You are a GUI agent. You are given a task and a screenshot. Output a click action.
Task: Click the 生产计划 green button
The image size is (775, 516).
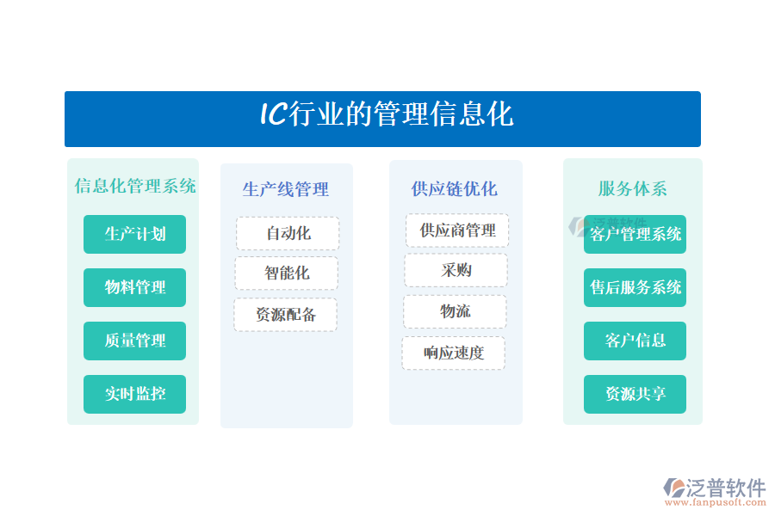coord(134,234)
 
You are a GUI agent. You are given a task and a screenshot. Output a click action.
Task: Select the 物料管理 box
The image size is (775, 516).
coord(134,287)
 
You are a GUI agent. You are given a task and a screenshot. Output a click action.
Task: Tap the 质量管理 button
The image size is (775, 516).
coord(134,341)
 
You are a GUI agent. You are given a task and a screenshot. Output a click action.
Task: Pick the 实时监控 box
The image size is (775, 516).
coord(134,394)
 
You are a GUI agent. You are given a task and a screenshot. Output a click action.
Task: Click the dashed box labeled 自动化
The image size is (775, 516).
coord(288,233)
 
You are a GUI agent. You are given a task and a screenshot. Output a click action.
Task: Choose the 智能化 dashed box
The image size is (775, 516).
coord(287,273)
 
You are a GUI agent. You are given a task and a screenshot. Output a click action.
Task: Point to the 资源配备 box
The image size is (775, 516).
coord(286,315)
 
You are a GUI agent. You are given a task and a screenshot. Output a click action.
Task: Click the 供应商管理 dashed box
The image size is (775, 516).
coord(457,230)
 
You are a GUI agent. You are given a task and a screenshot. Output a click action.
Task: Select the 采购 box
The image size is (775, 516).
coord(456,270)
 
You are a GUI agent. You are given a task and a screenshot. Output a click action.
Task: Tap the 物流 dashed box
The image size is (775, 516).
coord(456,311)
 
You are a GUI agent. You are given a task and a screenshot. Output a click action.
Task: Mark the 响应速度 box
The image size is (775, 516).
coord(454,353)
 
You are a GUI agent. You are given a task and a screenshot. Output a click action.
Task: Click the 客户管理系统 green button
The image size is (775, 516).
coord(635,234)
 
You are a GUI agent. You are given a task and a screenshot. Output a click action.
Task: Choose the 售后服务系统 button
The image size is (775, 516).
coord(635,287)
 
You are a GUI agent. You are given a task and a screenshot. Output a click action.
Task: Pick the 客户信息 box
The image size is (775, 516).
coord(635,341)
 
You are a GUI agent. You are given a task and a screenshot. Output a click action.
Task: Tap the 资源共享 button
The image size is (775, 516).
coord(635,394)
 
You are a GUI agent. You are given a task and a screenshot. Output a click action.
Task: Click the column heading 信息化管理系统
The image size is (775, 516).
coord(135,186)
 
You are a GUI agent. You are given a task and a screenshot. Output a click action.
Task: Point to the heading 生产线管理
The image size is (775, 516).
coord(286,189)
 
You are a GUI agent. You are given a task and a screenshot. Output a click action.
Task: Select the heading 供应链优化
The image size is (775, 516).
coord(454,188)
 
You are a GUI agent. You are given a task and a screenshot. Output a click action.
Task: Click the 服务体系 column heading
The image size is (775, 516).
coord(633,188)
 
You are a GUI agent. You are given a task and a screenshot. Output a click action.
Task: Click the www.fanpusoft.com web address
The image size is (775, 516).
coord(716,502)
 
